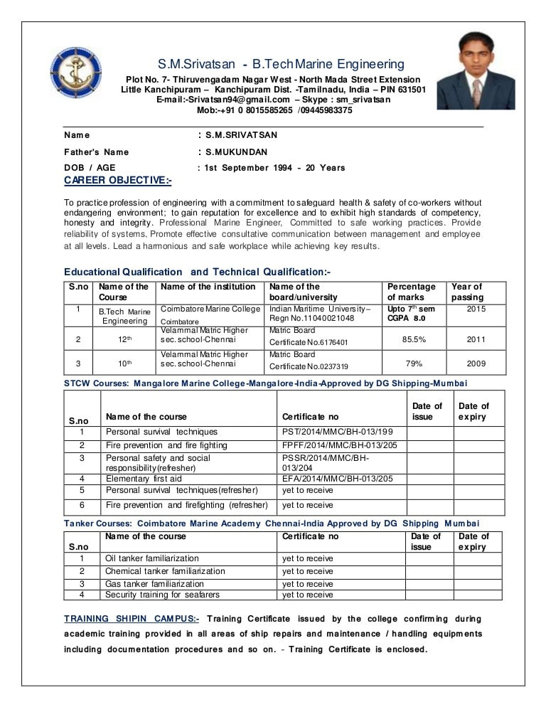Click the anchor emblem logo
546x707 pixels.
75,73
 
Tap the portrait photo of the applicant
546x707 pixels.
475,71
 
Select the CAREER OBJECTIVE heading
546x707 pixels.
117,180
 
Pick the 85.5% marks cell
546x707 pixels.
414,339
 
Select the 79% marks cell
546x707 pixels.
414,363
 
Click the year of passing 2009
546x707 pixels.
476,363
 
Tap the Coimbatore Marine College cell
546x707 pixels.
210,309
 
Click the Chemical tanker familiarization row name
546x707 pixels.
165,571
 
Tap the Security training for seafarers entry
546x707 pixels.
162,595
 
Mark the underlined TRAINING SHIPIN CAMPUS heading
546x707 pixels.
132,619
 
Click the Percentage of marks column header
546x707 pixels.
411,292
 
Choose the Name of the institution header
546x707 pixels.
208,287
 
